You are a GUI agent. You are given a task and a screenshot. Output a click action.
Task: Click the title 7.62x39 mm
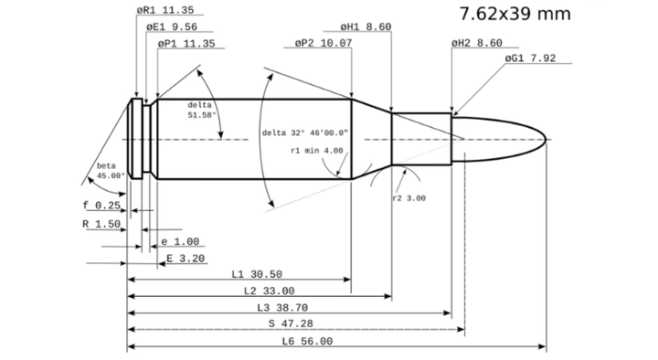click(515, 14)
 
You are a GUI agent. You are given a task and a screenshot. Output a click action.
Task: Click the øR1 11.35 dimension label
click(165, 10)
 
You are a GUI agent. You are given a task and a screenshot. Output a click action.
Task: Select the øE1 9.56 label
click(172, 26)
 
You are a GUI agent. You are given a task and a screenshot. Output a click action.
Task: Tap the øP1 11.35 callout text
click(186, 43)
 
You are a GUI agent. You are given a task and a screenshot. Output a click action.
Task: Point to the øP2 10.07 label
click(324, 43)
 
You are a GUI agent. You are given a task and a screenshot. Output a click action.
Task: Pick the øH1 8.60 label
click(366, 26)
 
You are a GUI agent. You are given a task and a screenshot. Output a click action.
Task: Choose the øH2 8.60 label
click(477, 43)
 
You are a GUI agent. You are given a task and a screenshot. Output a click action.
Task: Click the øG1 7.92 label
click(530, 58)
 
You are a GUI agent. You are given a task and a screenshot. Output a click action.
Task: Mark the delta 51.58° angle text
click(201, 110)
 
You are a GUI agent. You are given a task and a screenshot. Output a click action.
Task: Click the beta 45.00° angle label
click(111, 170)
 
